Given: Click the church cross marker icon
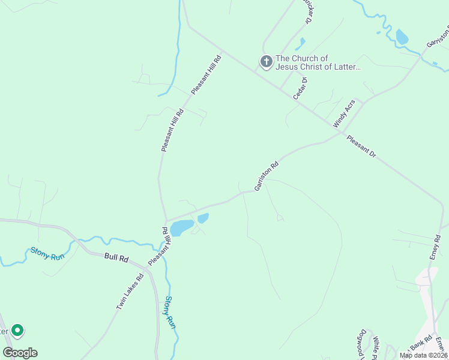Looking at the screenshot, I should [x=266, y=61].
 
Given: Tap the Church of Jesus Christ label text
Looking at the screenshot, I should [x=318, y=62].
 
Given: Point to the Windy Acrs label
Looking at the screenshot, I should [x=344, y=113].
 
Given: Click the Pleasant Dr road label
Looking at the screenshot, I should [x=361, y=146].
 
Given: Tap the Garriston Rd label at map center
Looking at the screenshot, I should [x=267, y=176].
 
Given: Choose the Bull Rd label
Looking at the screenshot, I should [x=116, y=259].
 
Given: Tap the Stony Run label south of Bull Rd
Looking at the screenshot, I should [x=170, y=313].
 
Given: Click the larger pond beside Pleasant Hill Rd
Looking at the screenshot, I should [x=181, y=227].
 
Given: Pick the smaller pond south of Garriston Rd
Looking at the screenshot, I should [x=203, y=218].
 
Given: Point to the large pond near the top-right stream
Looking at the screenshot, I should [x=401, y=37].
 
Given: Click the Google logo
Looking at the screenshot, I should [x=20, y=353].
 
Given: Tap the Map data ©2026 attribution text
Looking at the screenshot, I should [x=423, y=355].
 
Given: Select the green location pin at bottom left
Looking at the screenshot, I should [x=17, y=330].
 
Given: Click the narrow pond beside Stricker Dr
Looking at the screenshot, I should [x=300, y=44].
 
